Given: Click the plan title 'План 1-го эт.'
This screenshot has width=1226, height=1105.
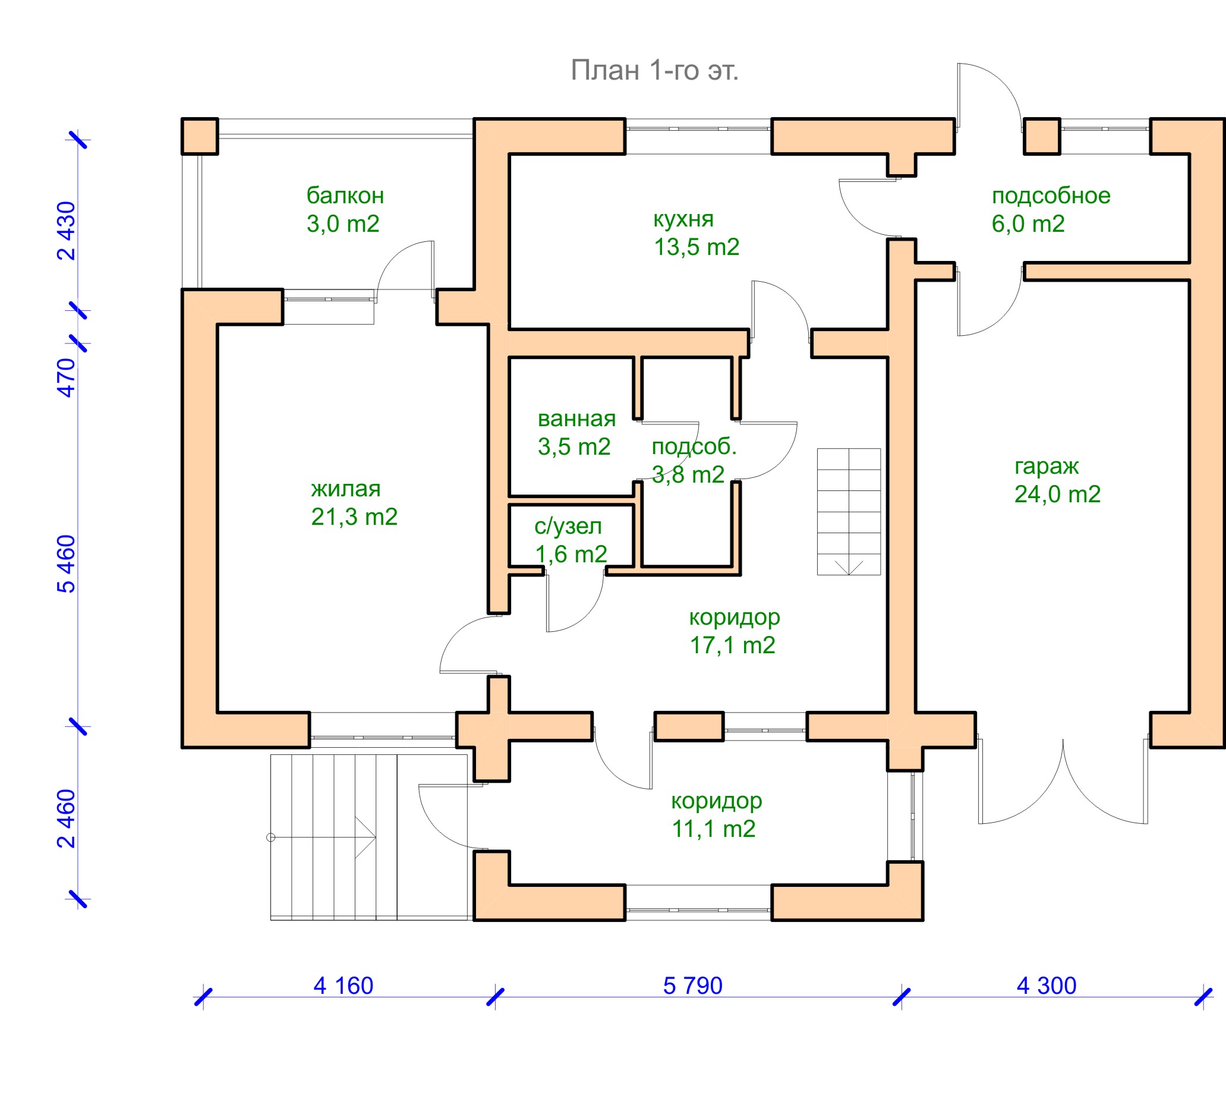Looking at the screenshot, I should [654, 70].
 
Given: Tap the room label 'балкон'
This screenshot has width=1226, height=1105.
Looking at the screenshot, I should [345, 196].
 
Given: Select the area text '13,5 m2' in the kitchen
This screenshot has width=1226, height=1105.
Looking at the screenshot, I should [696, 247].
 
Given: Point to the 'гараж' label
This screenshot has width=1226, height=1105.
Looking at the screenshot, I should [1047, 465].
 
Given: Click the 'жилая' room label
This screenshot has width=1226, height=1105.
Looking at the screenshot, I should [346, 488].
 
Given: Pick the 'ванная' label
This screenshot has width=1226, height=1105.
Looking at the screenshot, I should [576, 418].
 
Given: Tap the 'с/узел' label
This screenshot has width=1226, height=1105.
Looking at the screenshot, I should [568, 526].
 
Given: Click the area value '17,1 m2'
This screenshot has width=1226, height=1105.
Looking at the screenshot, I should [732, 645].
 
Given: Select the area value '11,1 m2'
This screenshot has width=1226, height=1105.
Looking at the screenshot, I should [713, 829].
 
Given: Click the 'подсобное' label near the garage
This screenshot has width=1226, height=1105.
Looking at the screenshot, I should [1051, 196].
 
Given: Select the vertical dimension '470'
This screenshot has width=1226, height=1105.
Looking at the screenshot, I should [66, 377].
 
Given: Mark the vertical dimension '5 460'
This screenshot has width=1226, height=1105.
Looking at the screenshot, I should [66, 563].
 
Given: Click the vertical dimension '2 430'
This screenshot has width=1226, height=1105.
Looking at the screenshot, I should [66, 231].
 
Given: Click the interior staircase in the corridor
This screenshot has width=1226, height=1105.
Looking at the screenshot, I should [849, 511].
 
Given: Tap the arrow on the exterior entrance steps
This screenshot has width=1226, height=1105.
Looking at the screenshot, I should [364, 838].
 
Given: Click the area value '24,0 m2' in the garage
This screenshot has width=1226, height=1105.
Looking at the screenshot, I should [1057, 494].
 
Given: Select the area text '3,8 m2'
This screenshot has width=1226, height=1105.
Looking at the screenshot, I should [688, 474].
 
